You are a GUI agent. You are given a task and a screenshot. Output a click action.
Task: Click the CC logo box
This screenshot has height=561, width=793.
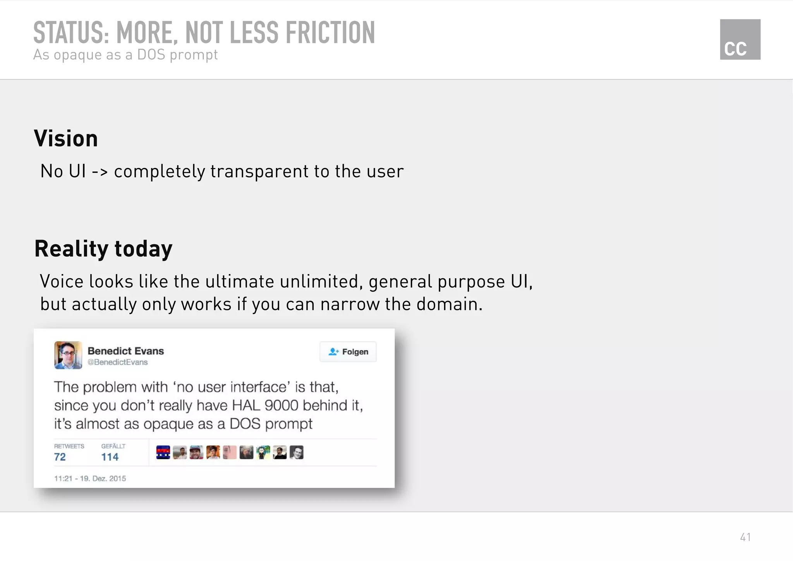tap(740, 39)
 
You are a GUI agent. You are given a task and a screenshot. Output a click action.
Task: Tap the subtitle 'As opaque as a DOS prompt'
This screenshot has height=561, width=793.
tap(125, 55)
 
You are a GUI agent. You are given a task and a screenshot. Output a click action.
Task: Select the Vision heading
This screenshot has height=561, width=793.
tap(66, 139)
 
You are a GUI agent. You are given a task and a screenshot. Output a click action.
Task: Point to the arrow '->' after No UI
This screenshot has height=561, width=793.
tap(100, 172)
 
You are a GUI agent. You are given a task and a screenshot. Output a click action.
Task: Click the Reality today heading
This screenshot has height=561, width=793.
tap(103, 249)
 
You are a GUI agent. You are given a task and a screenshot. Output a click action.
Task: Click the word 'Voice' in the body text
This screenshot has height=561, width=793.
tap(61, 281)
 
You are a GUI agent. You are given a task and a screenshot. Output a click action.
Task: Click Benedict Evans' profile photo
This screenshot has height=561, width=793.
tap(68, 355)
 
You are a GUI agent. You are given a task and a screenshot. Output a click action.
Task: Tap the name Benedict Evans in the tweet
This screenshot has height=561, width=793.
tap(126, 351)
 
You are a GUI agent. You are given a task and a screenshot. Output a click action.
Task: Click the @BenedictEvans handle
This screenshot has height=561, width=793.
tap(117, 362)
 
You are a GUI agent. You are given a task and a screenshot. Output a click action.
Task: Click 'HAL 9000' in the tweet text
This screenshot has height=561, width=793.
tap(265, 405)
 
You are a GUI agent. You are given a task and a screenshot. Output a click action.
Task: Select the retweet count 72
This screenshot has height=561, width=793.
tap(60, 457)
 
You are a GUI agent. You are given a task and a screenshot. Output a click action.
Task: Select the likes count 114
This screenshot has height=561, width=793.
tap(110, 457)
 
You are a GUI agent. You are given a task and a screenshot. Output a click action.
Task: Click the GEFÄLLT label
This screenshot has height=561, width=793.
tap(113, 446)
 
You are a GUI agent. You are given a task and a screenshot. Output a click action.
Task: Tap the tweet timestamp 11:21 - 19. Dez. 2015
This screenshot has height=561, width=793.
tap(90, 479)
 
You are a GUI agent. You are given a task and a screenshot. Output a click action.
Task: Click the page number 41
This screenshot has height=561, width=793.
tap(745, 537)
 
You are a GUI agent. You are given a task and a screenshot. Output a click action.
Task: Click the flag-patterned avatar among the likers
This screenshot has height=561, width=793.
tap(163, 452)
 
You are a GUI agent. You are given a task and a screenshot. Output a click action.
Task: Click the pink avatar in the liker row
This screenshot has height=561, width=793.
tap(230, 452)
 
